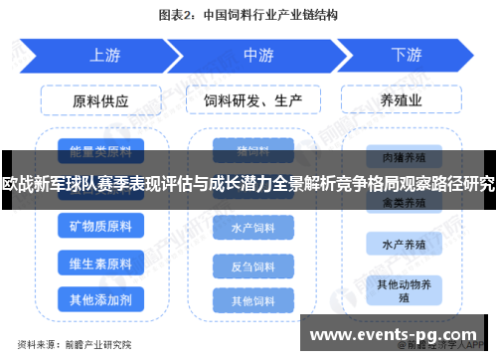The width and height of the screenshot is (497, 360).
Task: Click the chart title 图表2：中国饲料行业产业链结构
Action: click(248, 16)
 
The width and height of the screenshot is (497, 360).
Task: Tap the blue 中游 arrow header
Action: click(257, 56)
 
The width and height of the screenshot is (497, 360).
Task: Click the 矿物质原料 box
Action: click(100, 227)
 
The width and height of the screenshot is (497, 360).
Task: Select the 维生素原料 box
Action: click(100, 264)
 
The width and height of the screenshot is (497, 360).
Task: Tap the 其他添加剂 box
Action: click(100, 298)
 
